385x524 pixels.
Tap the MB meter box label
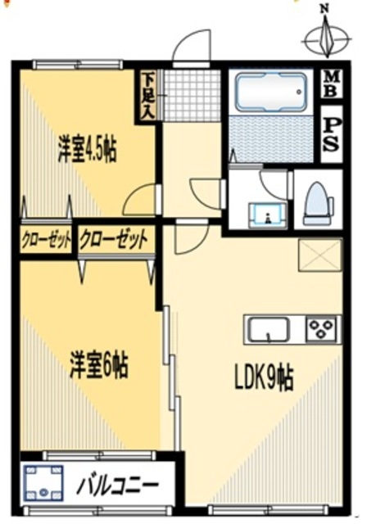click(332, 84)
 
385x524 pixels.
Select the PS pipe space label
click(331, 134)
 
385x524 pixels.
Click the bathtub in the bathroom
click(270, 93)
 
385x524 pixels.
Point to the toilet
click(318, 203)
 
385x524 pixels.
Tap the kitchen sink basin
click(267, 329)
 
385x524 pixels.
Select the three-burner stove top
click(322, 328)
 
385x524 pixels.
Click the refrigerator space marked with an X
click(319, 255)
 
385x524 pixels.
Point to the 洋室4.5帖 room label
click(87, 151)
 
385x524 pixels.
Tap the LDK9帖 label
click(264, 377)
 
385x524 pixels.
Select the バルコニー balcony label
click(118, 484)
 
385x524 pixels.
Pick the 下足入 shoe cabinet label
click(147, 96)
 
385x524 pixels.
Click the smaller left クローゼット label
click(46, 240)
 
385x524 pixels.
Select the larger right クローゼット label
click(114, 240)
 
